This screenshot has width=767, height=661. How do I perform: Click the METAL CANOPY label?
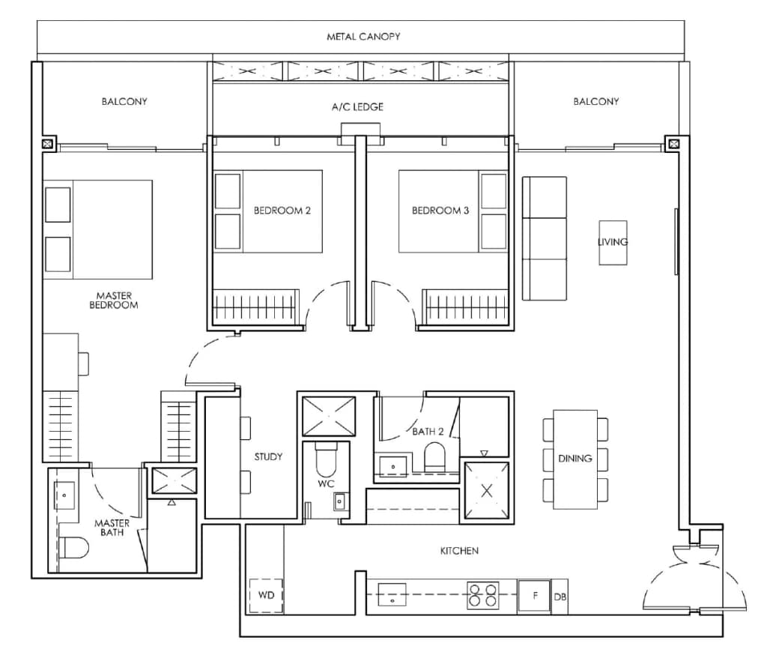363,36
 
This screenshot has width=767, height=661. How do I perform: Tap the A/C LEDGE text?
357,107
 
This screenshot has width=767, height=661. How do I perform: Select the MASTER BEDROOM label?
114,301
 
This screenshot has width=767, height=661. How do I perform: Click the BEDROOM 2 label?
282,211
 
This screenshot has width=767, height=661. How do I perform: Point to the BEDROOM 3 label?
440,211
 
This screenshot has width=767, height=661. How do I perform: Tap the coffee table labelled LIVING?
612,242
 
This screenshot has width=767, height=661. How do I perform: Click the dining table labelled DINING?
575,459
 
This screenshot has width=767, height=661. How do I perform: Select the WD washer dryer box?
266,596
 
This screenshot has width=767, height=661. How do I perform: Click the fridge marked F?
534,597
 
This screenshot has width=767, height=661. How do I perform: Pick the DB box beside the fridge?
560,597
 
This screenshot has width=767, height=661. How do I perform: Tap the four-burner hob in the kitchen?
482,595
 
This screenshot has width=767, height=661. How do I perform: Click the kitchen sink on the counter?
392,596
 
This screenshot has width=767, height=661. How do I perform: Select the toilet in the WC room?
327,460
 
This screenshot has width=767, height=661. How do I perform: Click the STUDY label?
268,456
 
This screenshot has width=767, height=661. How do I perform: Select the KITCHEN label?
458,551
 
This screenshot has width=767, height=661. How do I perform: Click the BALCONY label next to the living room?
596,101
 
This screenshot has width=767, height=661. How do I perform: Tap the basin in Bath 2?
393,466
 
